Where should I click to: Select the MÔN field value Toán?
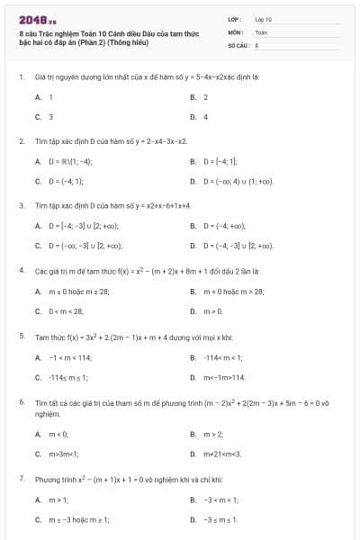(261, 31)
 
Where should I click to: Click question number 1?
(21, 77)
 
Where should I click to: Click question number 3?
(21, 205)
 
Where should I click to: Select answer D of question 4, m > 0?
(211, 310)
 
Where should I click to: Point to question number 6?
(21, 401)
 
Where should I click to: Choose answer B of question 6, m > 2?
(211, 434)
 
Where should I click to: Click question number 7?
(21, 480)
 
